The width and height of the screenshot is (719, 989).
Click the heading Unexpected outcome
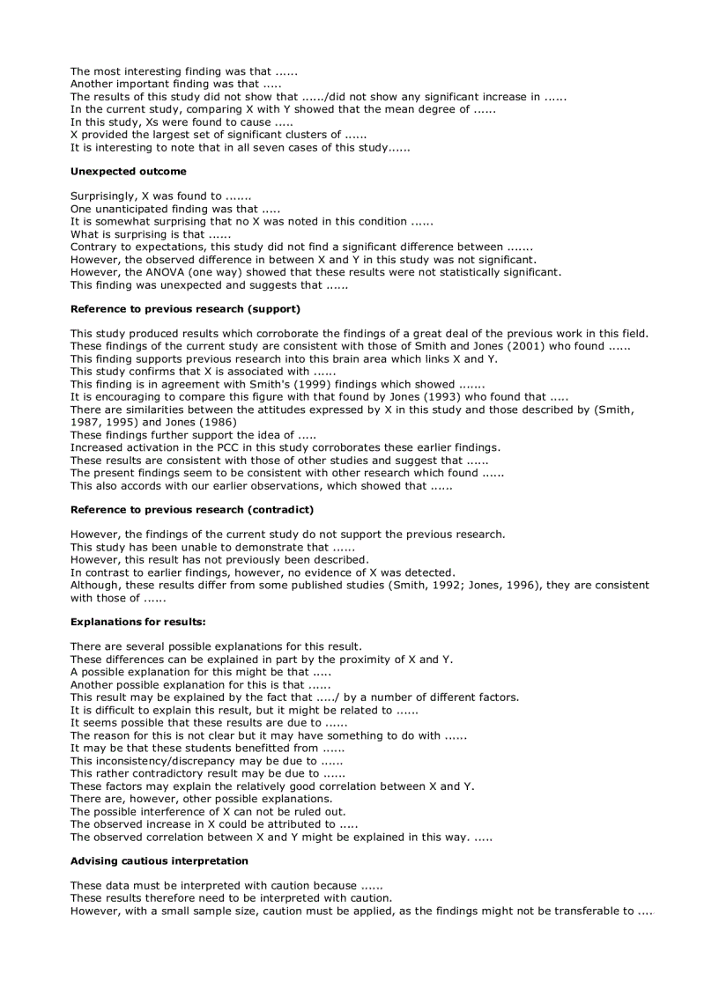pyautogui.click(x=128, y=171)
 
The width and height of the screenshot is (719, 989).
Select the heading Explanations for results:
pyautogui.click(x=137, y=622)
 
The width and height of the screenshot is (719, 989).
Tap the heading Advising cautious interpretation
pyautogui.click(x=159, y=860)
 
